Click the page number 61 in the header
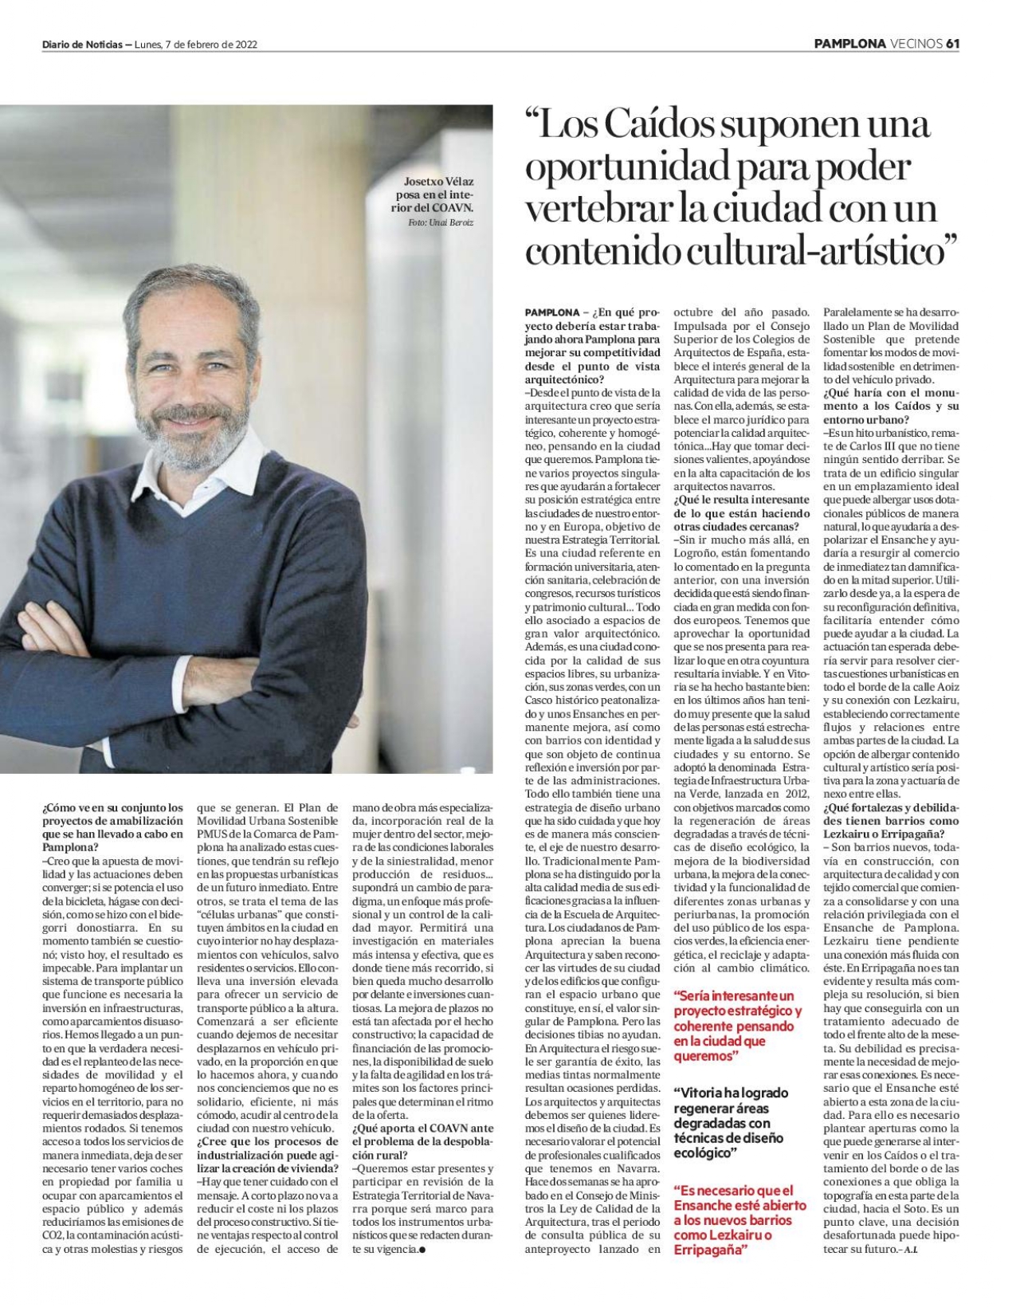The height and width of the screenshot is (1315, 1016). [951, 44]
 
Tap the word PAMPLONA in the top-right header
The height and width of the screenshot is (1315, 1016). [849, 44]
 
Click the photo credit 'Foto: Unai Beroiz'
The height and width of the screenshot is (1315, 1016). [440, 223]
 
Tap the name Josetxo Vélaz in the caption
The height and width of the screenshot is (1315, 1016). [438, 182]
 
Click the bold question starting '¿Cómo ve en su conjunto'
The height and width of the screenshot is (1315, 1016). [112, 827]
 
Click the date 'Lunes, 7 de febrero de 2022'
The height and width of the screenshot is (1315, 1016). [196, 45]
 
